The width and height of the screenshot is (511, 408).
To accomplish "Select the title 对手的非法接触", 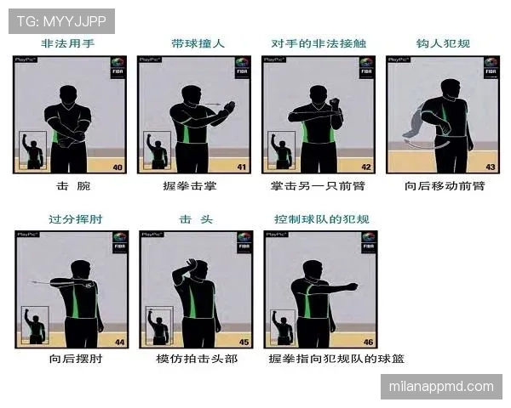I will pos(319,43).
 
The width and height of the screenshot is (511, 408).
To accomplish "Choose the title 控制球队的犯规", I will pos(321,219).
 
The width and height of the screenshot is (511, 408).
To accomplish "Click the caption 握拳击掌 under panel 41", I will pos(192,185).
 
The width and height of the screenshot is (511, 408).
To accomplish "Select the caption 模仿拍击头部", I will pos(197,359).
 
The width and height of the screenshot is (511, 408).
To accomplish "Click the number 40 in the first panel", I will pos(118,167).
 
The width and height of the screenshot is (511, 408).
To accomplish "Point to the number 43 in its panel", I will pos(490,167).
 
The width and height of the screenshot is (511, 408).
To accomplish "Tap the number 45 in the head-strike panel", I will pos(243,342).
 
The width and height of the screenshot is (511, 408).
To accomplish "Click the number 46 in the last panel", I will pos(368,342).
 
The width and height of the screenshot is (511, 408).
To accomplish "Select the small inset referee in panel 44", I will pos(34,326).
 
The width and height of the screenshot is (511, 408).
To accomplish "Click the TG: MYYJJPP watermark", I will pos(60,20).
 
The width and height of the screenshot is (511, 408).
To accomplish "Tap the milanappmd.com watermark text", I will pos(439,387).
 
